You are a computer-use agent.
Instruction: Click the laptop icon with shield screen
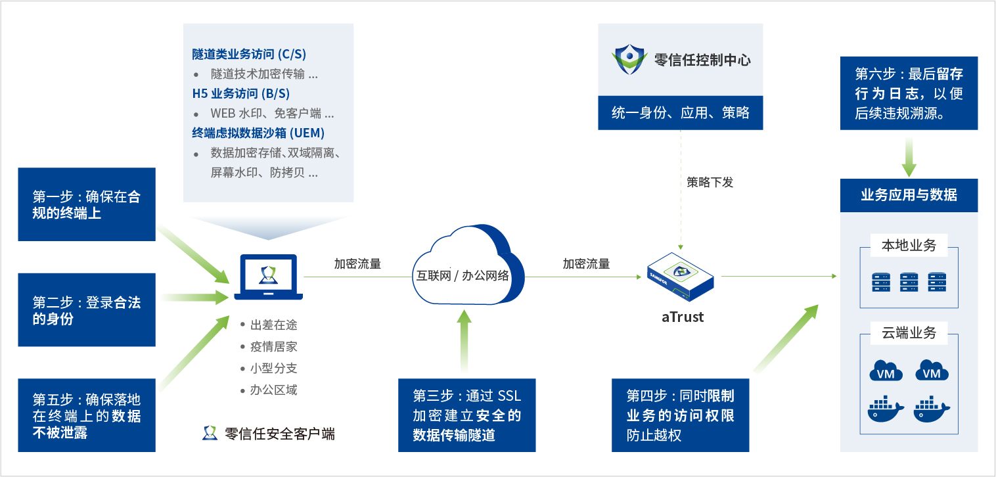269,278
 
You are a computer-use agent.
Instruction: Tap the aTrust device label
682,317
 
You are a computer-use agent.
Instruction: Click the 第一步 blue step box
87,204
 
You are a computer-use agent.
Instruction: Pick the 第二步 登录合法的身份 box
87,310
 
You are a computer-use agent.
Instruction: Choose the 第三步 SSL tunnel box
466,415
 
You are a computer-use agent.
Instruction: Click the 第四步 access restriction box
680,415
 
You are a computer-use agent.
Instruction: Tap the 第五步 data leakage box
87,415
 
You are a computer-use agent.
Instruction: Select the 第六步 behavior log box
909,93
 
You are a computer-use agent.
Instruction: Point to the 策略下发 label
710,182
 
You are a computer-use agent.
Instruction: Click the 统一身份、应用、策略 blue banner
680,113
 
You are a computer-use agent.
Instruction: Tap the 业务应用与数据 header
909,195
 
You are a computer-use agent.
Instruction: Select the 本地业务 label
909,246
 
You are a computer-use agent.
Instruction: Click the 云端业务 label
909,332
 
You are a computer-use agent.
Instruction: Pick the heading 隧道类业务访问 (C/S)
249,54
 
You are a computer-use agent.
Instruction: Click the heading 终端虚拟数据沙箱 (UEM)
258,133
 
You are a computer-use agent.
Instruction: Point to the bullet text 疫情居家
273,346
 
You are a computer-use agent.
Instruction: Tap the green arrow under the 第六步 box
909,156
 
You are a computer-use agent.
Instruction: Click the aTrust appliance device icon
682,277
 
